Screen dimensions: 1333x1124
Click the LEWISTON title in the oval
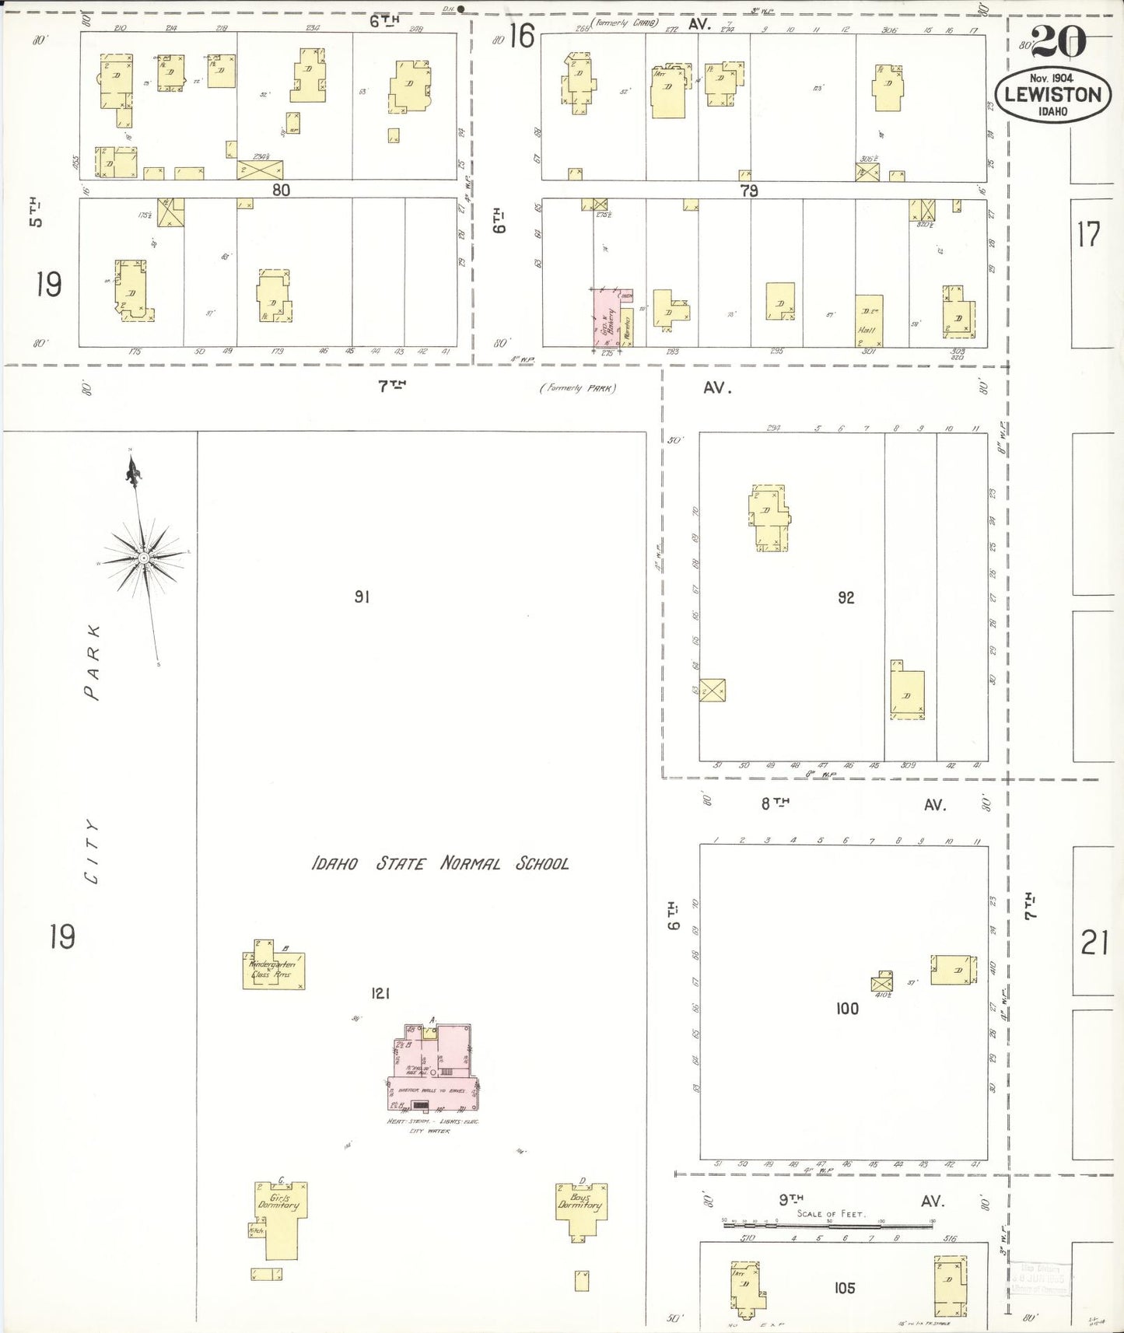pos(1053,95)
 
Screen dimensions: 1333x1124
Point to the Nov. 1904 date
pos(1051,78)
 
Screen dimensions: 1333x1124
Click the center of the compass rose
pos(144,558)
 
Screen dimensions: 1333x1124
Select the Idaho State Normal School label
pos(439,863)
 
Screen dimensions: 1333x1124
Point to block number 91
pos(362,597)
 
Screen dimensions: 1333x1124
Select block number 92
pos(846,597)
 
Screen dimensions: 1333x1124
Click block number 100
pos(847,1009)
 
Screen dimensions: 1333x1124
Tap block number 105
pos(845,1288)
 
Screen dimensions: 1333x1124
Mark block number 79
pos(748,191)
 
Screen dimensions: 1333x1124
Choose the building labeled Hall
pos(869,320)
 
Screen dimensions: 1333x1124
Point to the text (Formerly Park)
pos(578,387)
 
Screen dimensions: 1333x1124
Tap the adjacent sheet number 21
pos(1094,943)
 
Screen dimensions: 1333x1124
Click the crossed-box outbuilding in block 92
pos(712,690)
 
